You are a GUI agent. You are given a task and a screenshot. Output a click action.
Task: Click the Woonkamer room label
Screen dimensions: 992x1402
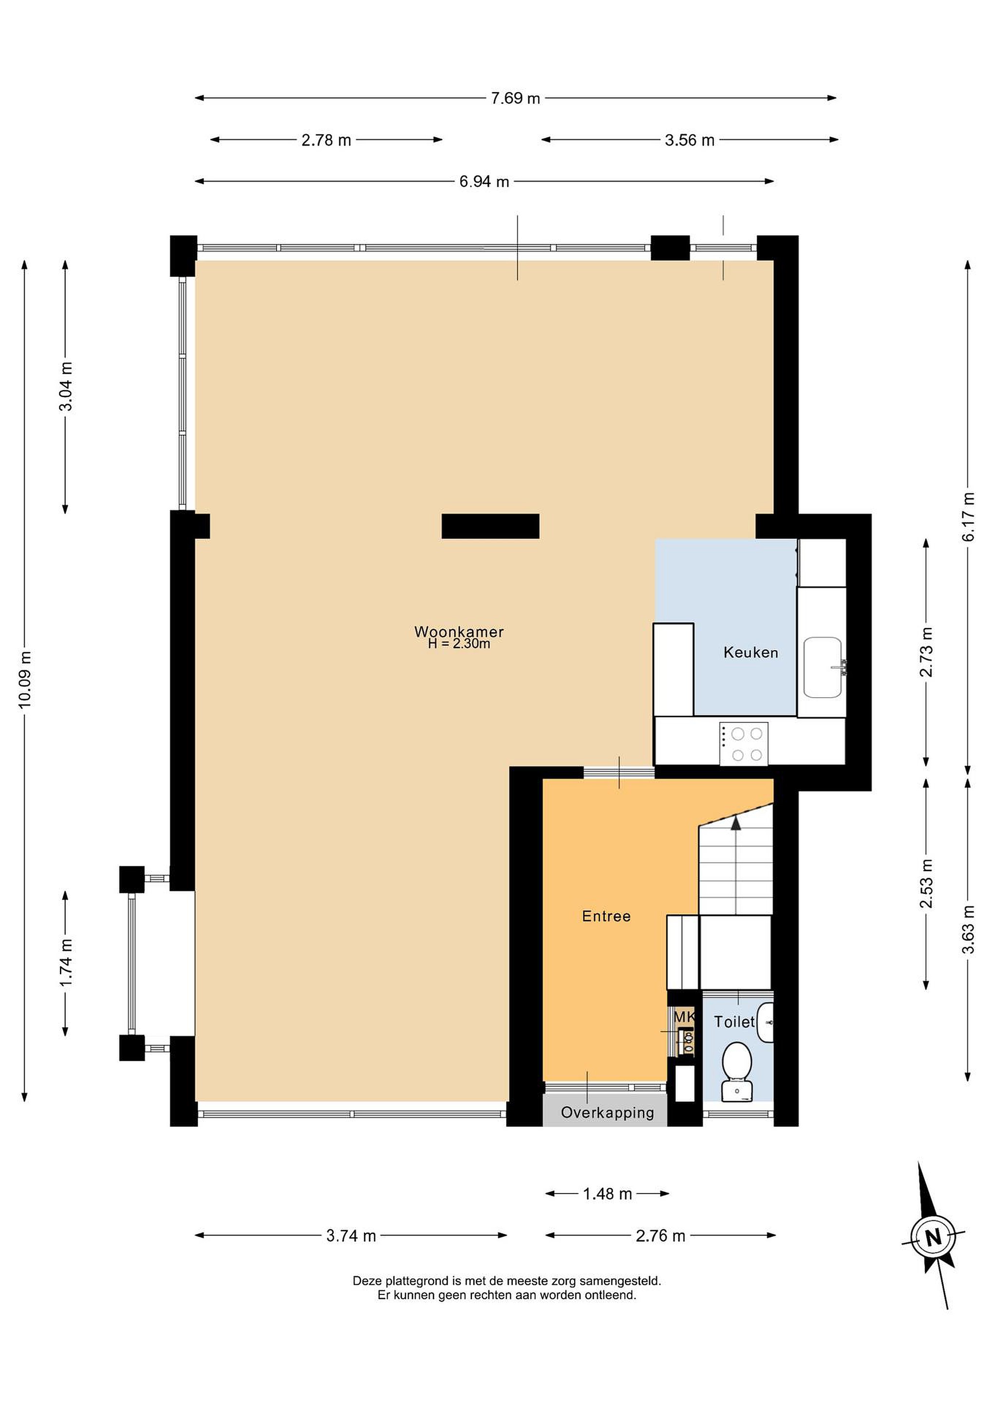pyautogui.click(x=459, y=631)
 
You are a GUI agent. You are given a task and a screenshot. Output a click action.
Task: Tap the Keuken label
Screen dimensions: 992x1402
pyautogui.click(x=751, y=652)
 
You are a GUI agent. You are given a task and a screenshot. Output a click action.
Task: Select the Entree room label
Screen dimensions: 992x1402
pyautogui.click(x=606, y=916)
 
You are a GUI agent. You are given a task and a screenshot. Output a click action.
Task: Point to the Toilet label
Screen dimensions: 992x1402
pyautogui.click(x=734, y=1022)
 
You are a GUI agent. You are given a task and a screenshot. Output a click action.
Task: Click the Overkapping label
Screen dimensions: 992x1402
pyautogui.click(x=607, y=1112)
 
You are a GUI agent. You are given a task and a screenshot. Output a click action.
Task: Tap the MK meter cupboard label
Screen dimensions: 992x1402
pyautogui.click(x=684, y=1017)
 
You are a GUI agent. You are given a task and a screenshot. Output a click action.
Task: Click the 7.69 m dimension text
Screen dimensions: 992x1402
pyautogui.click(x=516, y=98)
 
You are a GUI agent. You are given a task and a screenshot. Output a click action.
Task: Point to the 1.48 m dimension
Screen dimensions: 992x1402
pyautogui.click(x=607, y=1194)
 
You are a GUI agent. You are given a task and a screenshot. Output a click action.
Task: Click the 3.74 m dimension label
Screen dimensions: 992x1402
pyautogui.click(x=351, y=1236)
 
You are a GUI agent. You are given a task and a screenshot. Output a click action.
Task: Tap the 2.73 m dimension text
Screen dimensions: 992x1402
pyautogui.click(x=927, y=651)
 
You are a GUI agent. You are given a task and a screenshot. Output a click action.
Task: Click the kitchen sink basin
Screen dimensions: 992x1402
pyautogui.click(x=822, y=667)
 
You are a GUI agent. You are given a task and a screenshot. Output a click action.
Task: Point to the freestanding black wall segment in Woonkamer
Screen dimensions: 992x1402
pyautogui.click(x=490, y=526)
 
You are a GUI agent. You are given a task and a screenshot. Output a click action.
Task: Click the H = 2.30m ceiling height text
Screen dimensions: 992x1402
pyautogui.click(x=459, y=644)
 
